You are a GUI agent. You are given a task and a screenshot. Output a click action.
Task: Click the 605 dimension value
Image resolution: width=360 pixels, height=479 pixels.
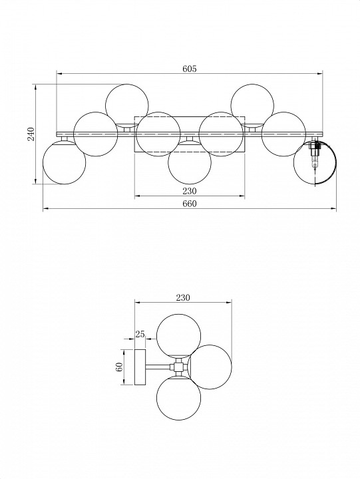click(x=190, y=69)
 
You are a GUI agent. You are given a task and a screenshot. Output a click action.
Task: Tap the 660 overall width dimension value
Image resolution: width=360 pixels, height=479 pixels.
click(x=190, y=204)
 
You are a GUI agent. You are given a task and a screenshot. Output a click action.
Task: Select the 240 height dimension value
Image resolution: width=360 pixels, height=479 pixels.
click(x=31, y=134)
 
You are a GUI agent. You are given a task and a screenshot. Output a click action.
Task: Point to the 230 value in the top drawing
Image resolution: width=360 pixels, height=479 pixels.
click(x=190, y=191)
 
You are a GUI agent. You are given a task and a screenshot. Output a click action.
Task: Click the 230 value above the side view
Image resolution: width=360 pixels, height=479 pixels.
click(x=183, y=297)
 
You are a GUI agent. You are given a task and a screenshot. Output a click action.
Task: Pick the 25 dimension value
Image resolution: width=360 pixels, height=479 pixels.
click(x=140, y=334)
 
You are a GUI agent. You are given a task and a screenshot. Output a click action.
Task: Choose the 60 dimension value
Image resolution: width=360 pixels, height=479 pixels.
click(x=119, y=367)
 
